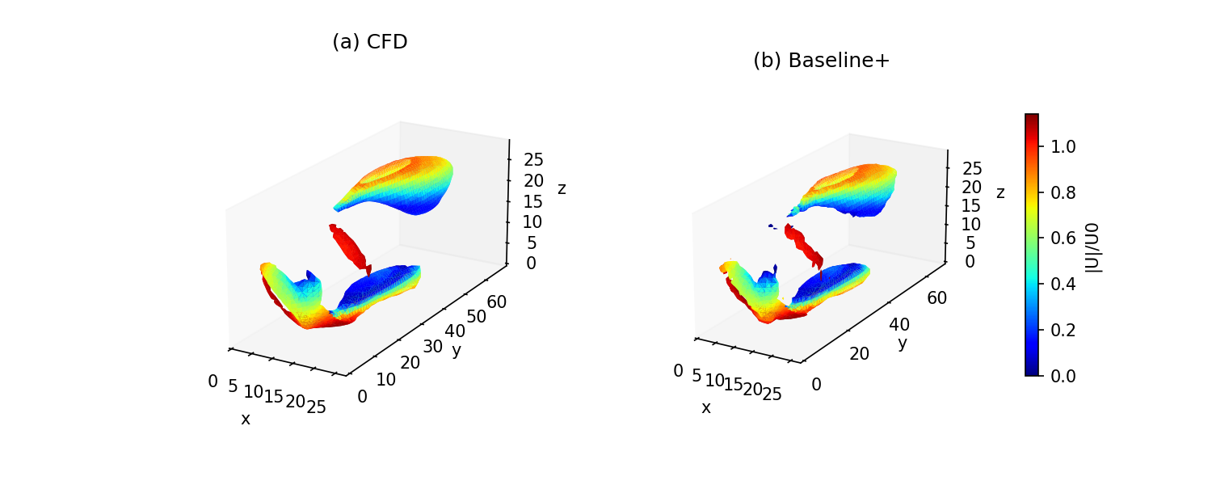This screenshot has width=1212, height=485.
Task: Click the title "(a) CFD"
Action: [369, 42]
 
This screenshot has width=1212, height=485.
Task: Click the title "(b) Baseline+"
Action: [821, 61]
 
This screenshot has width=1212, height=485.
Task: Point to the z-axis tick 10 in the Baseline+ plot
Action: [972, 224]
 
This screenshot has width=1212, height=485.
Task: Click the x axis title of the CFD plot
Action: [246, 419]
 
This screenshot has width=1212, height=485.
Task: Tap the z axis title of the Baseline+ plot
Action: [1000, 192]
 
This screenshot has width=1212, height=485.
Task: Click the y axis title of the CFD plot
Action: [457, 350]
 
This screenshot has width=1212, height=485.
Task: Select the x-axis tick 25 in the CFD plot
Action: [317, 407]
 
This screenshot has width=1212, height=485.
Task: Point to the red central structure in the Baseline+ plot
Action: [805, 246]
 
